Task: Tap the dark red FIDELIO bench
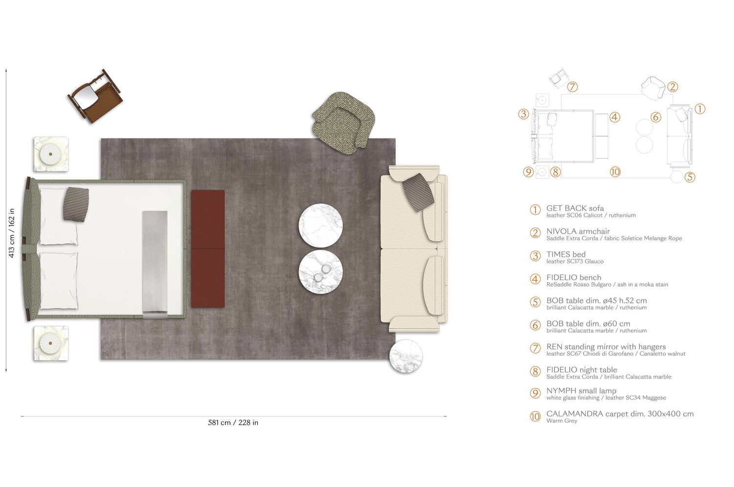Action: (208, 249)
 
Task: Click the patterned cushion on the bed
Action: (76, 204)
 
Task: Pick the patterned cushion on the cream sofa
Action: (419, 192)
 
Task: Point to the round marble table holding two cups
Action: (321, 272)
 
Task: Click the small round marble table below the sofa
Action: (406, 356)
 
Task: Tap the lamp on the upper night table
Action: (51, 154)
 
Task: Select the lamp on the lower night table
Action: (51, 344)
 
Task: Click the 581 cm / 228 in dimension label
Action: (233, 422)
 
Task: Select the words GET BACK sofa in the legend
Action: (575, 208)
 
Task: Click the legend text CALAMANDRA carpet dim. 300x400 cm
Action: (619, 414)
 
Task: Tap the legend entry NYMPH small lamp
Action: (581, 391)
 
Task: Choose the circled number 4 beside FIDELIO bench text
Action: (535, 279)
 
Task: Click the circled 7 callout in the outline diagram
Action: (573, 87)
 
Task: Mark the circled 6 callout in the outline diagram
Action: (656, 117)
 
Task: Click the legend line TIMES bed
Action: (566, 254)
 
